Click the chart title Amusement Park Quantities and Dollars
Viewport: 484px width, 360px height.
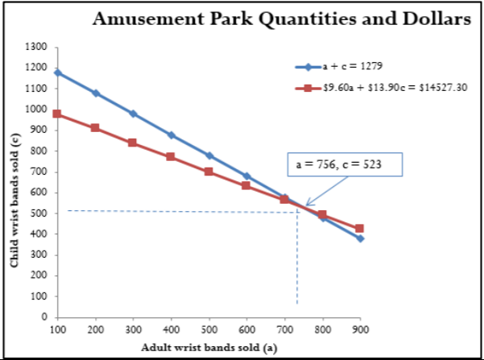coord(282,20)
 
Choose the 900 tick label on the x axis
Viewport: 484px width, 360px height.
coord(360,330)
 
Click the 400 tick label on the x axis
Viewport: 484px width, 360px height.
coord(171,330)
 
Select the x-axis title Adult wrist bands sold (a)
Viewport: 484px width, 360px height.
coord(208,348)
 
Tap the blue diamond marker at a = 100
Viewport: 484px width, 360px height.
coord(57,72)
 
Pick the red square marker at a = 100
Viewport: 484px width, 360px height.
coord(57,114)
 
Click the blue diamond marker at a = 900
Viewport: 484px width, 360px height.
coord(360,238)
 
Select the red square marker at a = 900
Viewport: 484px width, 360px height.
coord(360,229)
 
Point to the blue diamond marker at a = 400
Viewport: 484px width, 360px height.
coord(171,135)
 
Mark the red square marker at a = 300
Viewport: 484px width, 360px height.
coord(133,143)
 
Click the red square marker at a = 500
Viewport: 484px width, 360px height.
coord(209,172)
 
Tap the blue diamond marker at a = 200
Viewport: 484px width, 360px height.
coord(95,93)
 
